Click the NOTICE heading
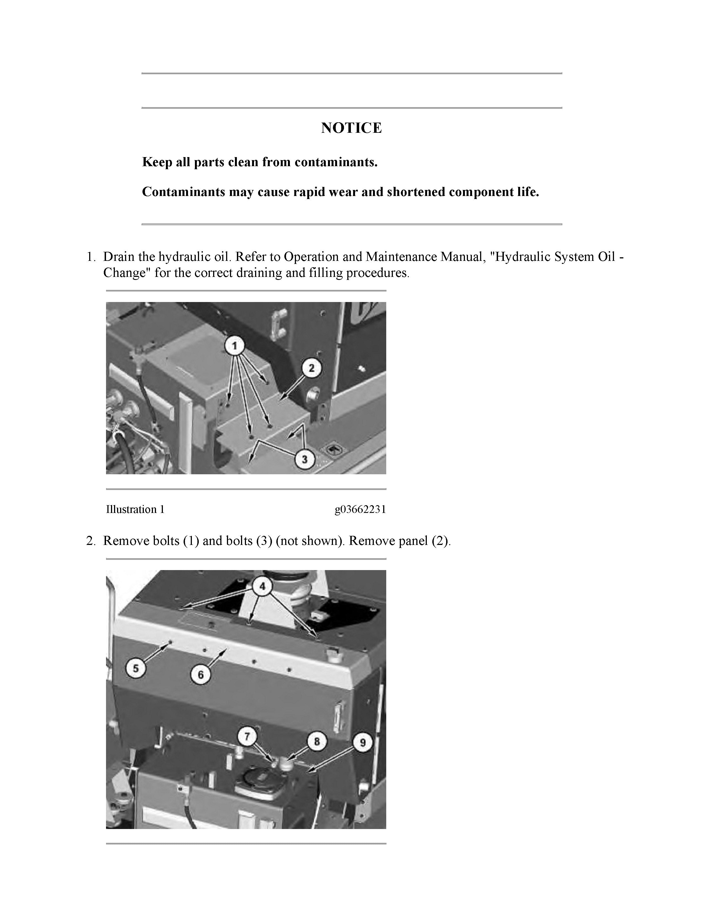point(351,128)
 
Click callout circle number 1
point(235,346)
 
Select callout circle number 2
point(311,368)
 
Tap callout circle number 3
point(305,459)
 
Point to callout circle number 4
point(262,586)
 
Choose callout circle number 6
point(201,674)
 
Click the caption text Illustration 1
point(135,509)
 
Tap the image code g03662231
point(360,509)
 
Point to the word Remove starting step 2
point(126,541)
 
